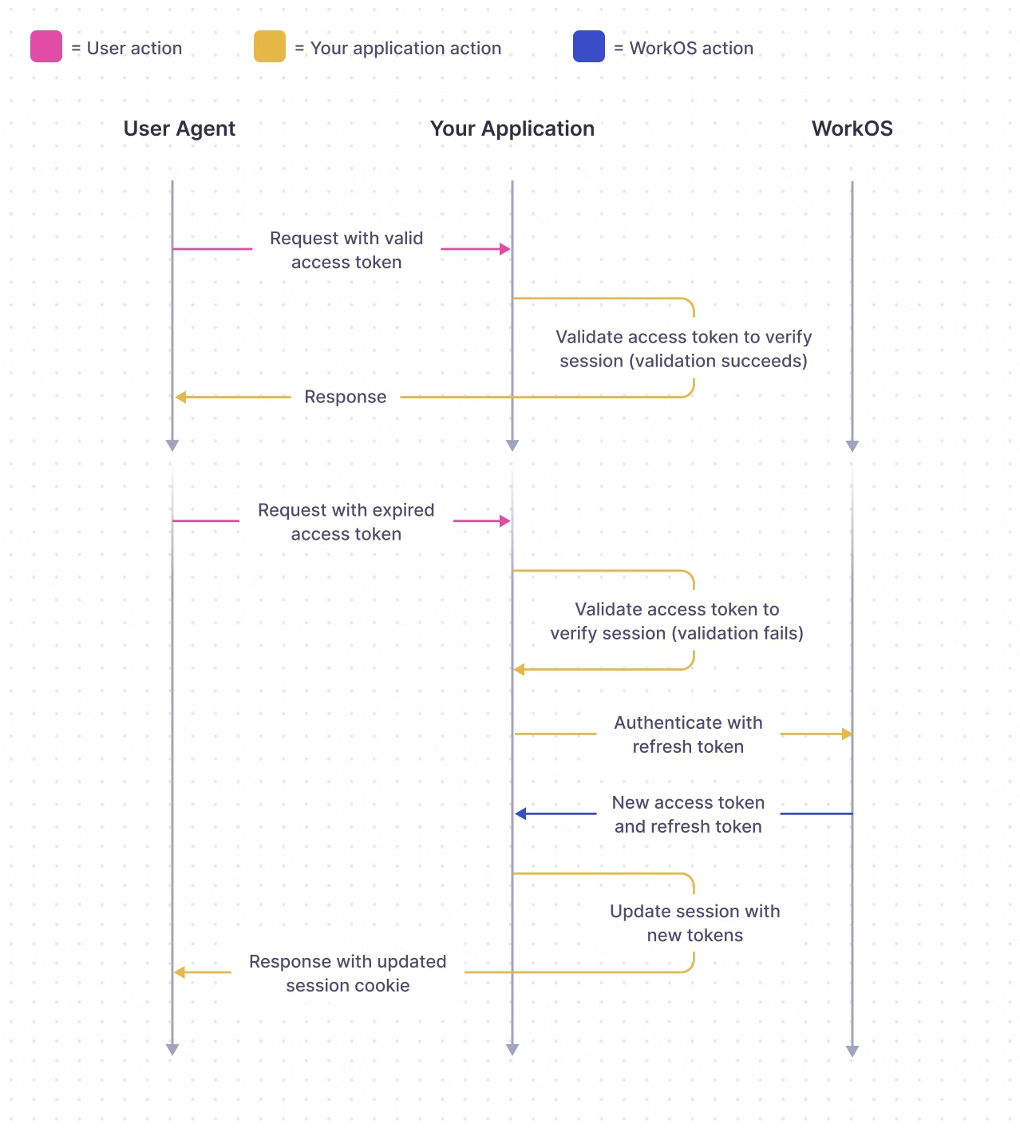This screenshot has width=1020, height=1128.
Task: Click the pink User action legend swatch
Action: click(x=46, y=46)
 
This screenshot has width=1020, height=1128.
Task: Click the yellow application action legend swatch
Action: click(x=270, y=46)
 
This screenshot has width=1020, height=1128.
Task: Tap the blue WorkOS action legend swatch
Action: click(x=589, y=46)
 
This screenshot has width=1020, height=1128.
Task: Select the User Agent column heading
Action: click(x=179, y=129)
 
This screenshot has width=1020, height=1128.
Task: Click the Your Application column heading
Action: click(x=512, y=129)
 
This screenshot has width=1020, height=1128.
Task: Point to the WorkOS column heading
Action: click(x=852, y=129)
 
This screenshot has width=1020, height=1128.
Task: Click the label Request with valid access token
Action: click(x=346, y=250)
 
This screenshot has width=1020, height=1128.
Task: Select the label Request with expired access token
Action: click(x=346, y=522)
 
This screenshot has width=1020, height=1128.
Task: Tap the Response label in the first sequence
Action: click(x=345, y=397)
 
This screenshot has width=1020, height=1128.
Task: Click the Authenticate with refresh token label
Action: click(x=688, y=734)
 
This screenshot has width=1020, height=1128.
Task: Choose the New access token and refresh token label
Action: click(x=688, y=814)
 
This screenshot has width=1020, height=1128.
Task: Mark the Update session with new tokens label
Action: click(x=694, y=923)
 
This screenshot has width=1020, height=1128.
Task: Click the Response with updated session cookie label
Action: click(x=347, y=973)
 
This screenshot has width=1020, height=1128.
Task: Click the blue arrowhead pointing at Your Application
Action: click(x=520, y=814)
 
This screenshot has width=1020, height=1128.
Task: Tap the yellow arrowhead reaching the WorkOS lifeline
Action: click(x=847, y=734)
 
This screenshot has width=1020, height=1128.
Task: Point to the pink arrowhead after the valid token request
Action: click(x=504, y=249)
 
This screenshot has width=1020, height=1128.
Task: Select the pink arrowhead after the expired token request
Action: click(x=504, y=521)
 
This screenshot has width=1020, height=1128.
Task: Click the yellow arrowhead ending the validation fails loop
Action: click(x=520, y=670)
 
